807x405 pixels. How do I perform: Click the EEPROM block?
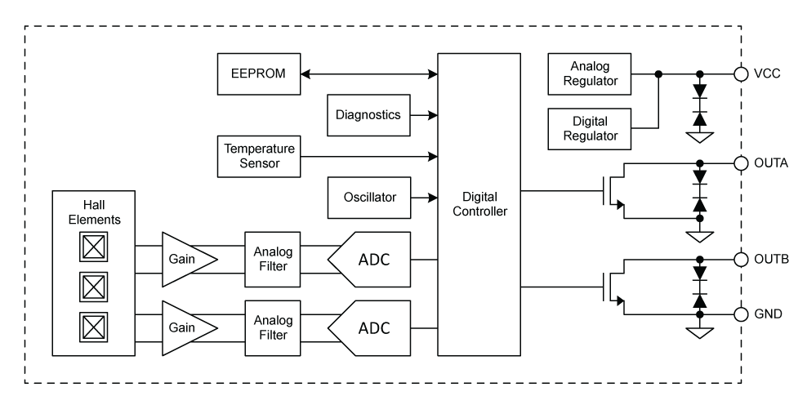(x=258, y=74)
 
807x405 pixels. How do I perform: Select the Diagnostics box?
(x=368, y=115)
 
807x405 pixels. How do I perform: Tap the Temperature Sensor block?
(x=258, y=156)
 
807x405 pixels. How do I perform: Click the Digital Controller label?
(x=479, y=204)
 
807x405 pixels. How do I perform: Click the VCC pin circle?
(x=741, y=74)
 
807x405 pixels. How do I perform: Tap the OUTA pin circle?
(x=741, y=162)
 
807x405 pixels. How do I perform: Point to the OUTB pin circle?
(x=741, y=260)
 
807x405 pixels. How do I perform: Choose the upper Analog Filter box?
(x=269, y=260)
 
